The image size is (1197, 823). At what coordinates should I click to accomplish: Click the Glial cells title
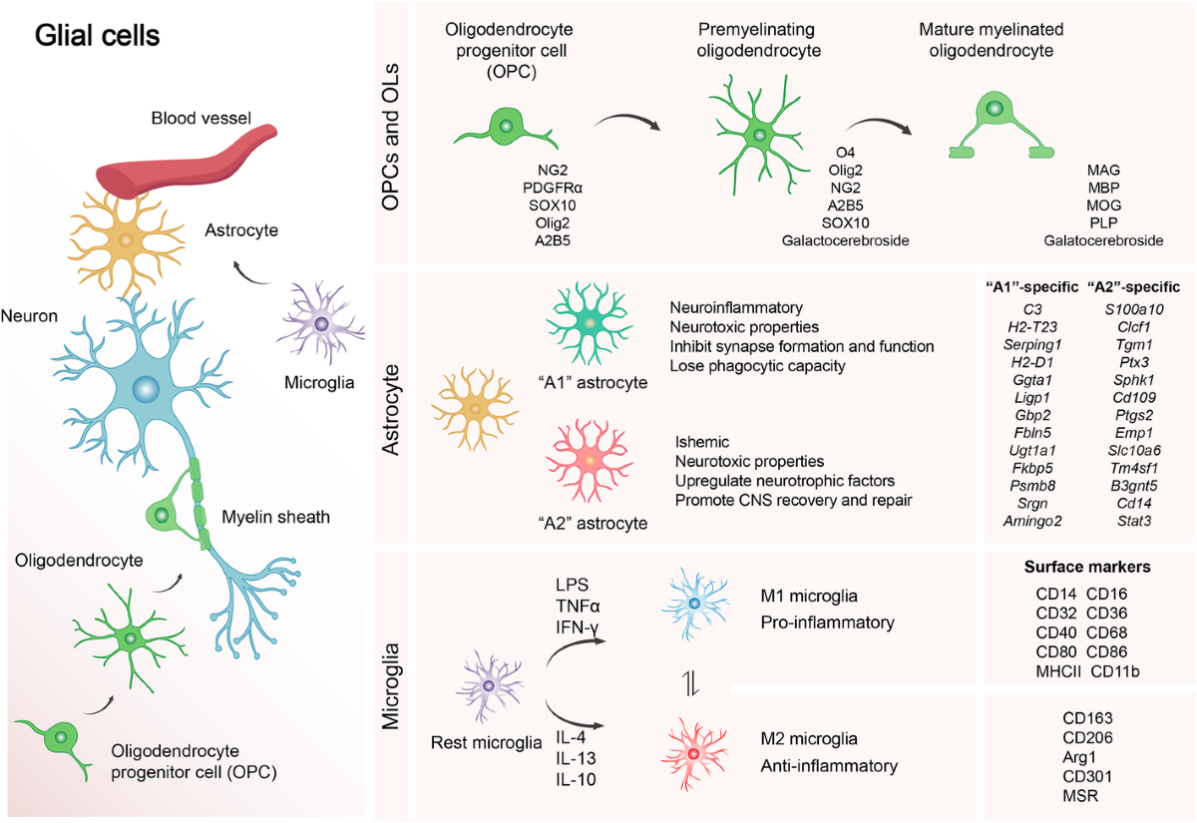97,37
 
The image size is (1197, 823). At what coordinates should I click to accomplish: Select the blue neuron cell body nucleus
146,388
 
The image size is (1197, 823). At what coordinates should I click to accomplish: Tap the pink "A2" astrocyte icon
589,461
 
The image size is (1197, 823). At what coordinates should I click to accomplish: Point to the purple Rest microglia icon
488,685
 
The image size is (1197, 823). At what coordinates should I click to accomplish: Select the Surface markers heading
1088,567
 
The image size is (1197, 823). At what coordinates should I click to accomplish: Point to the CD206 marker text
1088,737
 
